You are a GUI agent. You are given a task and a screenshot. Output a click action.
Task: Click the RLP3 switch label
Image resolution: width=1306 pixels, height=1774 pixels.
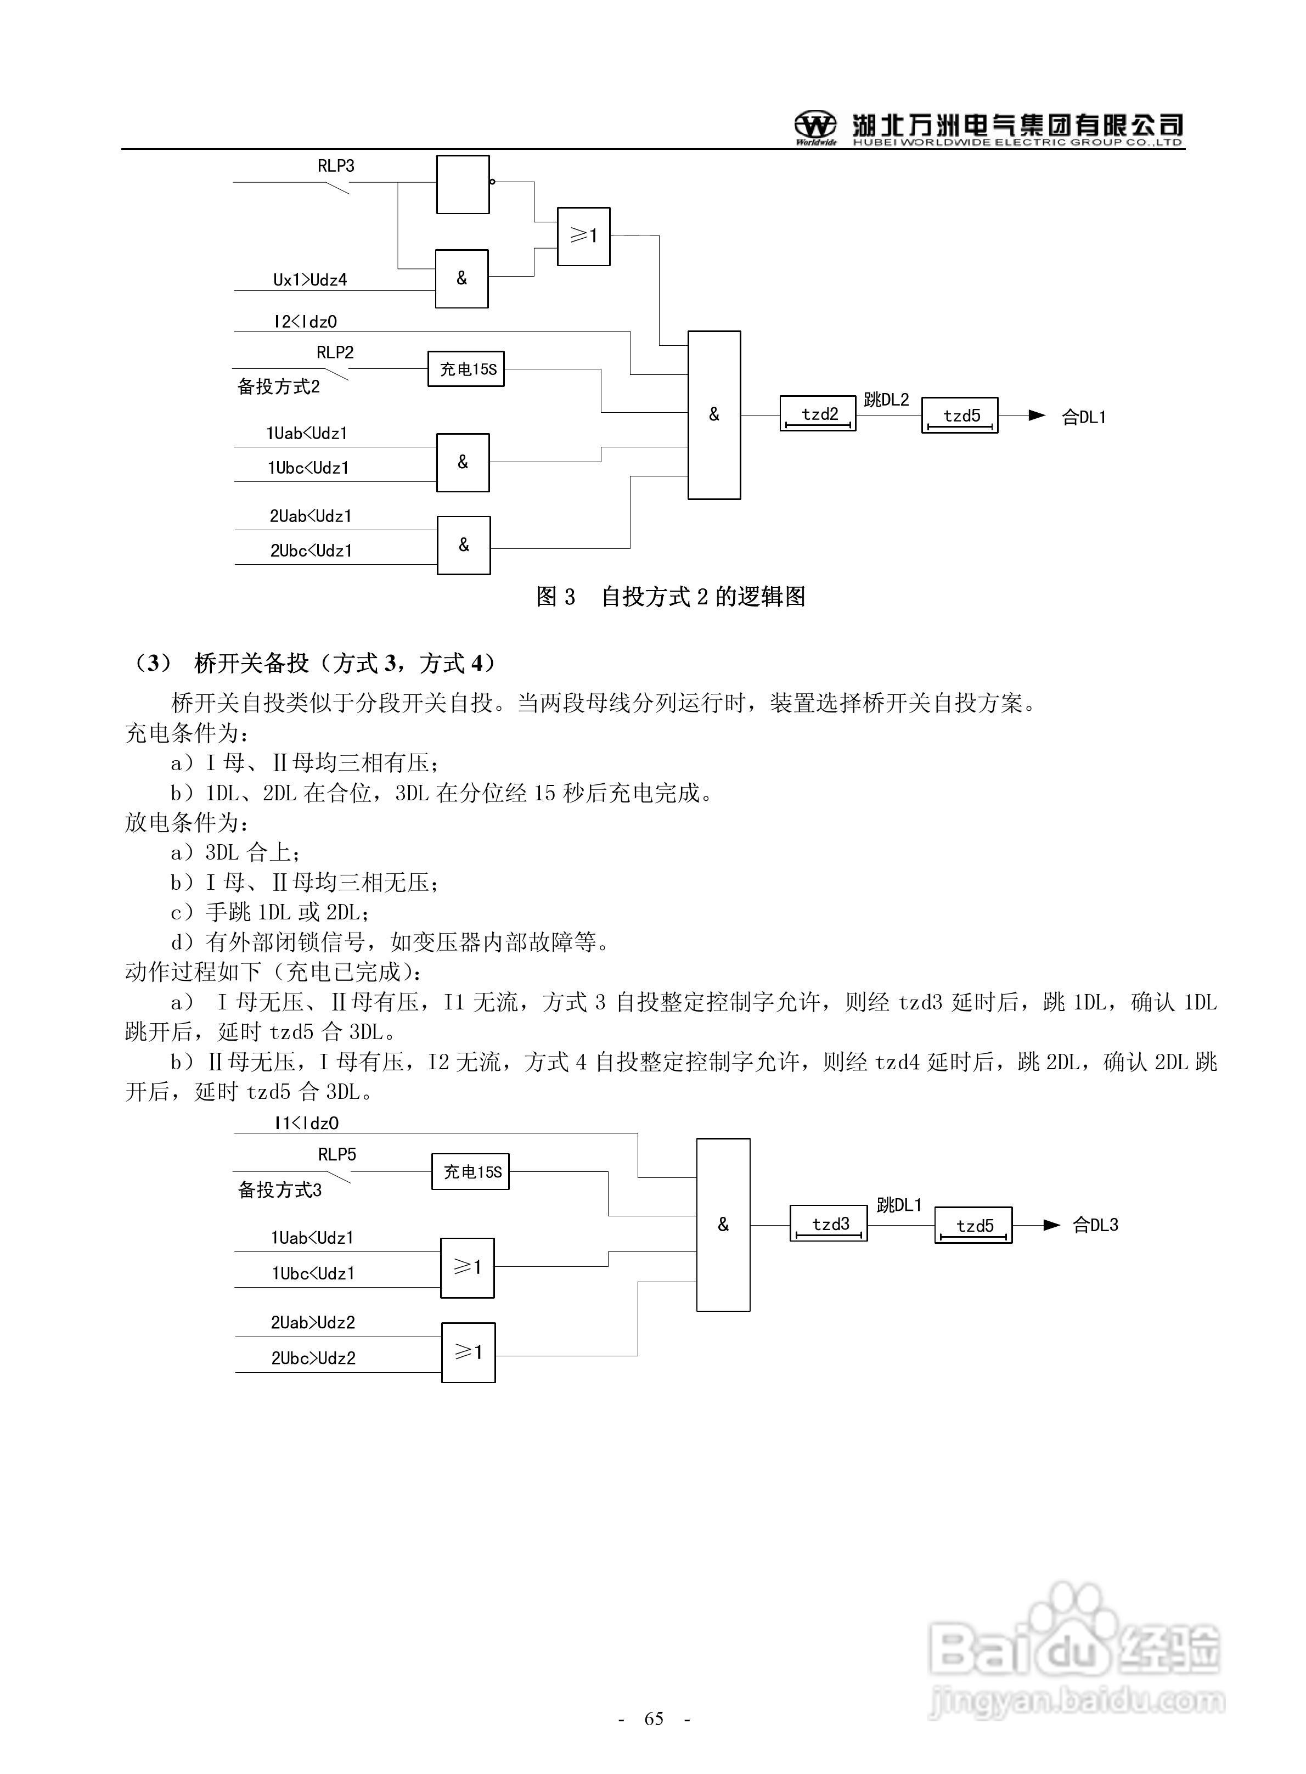click(336, 166)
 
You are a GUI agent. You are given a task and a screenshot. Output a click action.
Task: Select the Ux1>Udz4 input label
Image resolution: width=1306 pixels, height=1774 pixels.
click(310, 280)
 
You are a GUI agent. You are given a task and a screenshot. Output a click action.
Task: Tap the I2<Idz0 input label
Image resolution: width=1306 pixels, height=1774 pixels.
click(305, 322)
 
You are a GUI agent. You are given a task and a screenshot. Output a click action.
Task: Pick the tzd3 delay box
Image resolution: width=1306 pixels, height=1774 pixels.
click(829, 1225)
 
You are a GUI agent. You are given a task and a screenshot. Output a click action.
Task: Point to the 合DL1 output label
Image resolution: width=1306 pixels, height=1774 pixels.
click(1083, 417)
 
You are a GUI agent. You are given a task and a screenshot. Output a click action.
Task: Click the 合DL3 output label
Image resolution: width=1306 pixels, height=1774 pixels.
click(1095, 1225)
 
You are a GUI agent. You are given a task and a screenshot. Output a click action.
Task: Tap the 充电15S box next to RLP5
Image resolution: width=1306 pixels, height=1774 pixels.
click(471, 1172)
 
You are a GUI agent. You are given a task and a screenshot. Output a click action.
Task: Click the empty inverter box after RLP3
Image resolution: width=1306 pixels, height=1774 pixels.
click(463, 184)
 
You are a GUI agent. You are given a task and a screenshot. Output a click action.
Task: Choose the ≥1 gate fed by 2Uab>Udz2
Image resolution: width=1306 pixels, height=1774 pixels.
click(468, 1352)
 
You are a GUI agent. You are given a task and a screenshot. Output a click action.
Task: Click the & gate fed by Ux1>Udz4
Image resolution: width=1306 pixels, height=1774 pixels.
click(461, 278)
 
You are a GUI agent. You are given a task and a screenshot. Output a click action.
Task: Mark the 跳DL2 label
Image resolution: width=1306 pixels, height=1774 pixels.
click(886, 400)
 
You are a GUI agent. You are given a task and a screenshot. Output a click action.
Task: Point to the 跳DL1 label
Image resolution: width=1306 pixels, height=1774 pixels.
click(899, 1205)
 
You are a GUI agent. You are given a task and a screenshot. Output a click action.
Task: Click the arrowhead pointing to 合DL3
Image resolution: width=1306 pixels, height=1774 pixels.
click(1051, 1225)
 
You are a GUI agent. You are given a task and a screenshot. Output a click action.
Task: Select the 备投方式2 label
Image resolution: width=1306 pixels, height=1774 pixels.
click(278, 386)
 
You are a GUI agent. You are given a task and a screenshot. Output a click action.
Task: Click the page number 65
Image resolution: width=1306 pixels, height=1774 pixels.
click(654, 1718)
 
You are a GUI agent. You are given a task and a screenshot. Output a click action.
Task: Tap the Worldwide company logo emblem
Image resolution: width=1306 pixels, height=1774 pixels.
click(815, 126)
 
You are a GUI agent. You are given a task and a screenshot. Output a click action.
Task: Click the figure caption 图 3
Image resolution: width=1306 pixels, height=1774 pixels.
click(556, 597)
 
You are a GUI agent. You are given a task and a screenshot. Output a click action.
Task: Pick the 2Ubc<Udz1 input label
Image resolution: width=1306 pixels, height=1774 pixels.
click(311, 551)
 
